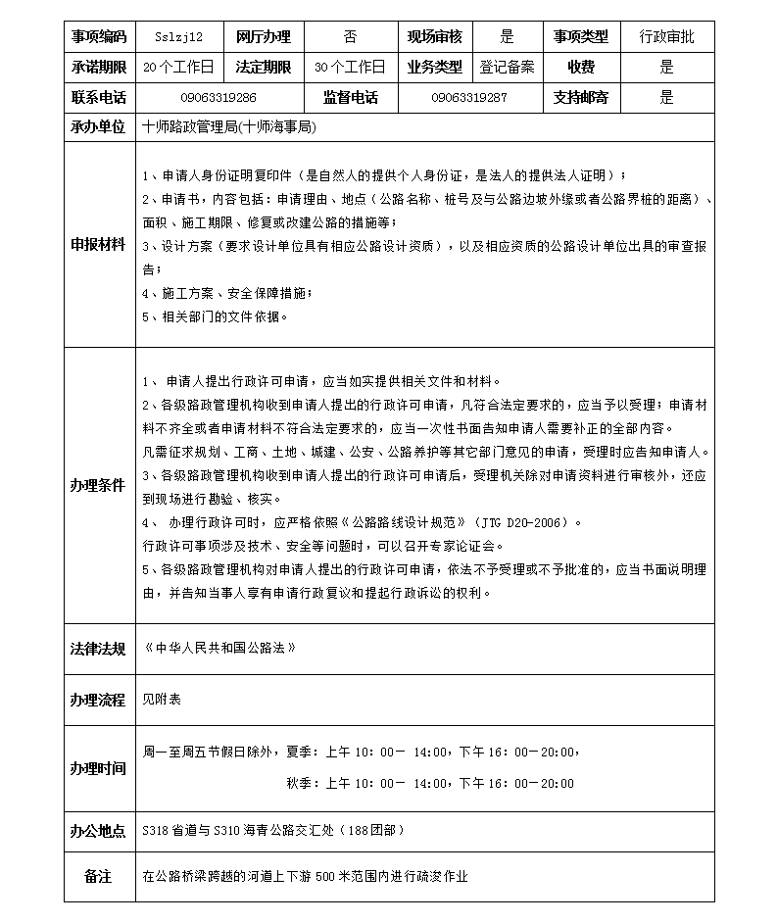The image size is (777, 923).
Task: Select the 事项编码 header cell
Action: [99, 37]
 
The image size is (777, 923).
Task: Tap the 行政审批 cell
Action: [666, 37]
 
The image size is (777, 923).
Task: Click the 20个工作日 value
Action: [177, 68]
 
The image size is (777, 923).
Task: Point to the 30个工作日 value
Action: [350, 68]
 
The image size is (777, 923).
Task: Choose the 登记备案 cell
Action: [507, 68]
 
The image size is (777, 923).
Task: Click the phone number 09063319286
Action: [219, 98]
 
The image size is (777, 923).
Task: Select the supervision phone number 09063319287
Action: [468, 98]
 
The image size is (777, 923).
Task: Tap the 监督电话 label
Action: [350, 98]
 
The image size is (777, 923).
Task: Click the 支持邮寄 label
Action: [581, 98]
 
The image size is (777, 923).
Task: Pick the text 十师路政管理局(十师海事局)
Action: [229, 127]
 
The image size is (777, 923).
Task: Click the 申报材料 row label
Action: [99, 244]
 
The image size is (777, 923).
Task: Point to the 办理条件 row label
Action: [99, 486]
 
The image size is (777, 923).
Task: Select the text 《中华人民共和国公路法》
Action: [219, 649]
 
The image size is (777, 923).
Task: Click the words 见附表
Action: [162, 699]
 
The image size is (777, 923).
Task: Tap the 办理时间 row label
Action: [99, 768]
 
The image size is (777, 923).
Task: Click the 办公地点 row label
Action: [99, 831]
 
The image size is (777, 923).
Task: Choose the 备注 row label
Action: [99, 876]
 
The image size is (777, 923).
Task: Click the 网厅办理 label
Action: [264, 37]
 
